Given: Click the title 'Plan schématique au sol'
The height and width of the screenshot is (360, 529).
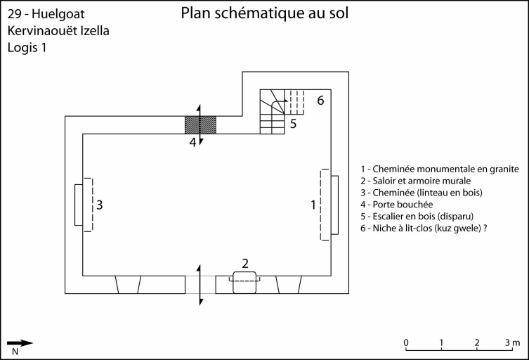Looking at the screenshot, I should pyautogui.click(x=264, y=13).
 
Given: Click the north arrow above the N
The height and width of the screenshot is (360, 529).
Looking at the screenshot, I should pyautogui.click(x=20, y=343).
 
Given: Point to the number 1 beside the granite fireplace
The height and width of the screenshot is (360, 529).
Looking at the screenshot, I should pyautogui.click(x=313, y=205).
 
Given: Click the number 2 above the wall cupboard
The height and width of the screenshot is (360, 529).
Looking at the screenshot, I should pyautogui.click(x=245, y=264).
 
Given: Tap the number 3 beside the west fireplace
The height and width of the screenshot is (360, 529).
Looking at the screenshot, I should pyautogui.click(x=100, y=205).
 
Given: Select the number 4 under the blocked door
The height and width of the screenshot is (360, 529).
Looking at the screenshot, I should pyautogui.click(x=192, y=142).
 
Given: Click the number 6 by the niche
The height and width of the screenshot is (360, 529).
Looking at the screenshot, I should pyautogui.click(x=320, y=100).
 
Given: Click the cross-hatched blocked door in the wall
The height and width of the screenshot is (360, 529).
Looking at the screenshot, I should pyautogui.click(x=200, y=124).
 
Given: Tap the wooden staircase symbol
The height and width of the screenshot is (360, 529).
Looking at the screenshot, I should pyautogui.click(x=273, y=111).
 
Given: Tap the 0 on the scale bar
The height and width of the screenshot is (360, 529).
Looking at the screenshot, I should pyautogui.click(x=406, y=342).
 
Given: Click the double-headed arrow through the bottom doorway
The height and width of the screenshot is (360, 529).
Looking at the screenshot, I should pyautogui.click(x=200, y=285).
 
